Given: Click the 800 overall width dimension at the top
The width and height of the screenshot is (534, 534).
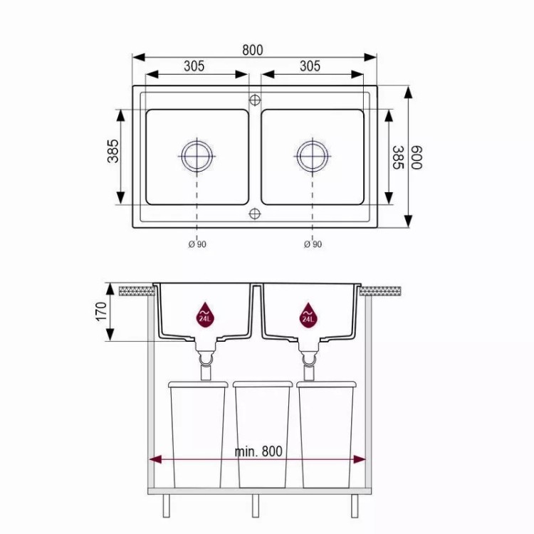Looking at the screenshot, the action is (x=252, y=50).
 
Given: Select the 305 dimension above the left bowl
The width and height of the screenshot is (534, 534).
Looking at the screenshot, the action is (x=194, y=66).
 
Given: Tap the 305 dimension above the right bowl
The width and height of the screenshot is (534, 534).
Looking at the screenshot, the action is (x=310, y=66).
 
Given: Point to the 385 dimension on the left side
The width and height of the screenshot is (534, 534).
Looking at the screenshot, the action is (x=112, y=151).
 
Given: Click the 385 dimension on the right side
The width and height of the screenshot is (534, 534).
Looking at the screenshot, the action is (x=398, y=157).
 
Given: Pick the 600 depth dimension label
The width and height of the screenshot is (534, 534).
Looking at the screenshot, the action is (x=417, y=157).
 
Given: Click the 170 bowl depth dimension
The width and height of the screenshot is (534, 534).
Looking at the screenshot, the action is (x=102, y=311).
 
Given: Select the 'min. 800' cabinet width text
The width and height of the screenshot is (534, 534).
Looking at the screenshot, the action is (x=258, y=451).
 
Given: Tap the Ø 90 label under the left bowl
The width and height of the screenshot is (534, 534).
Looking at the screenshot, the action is (x=197, y=244).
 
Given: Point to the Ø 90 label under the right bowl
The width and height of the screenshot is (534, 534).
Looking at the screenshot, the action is (x=313, y=244).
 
